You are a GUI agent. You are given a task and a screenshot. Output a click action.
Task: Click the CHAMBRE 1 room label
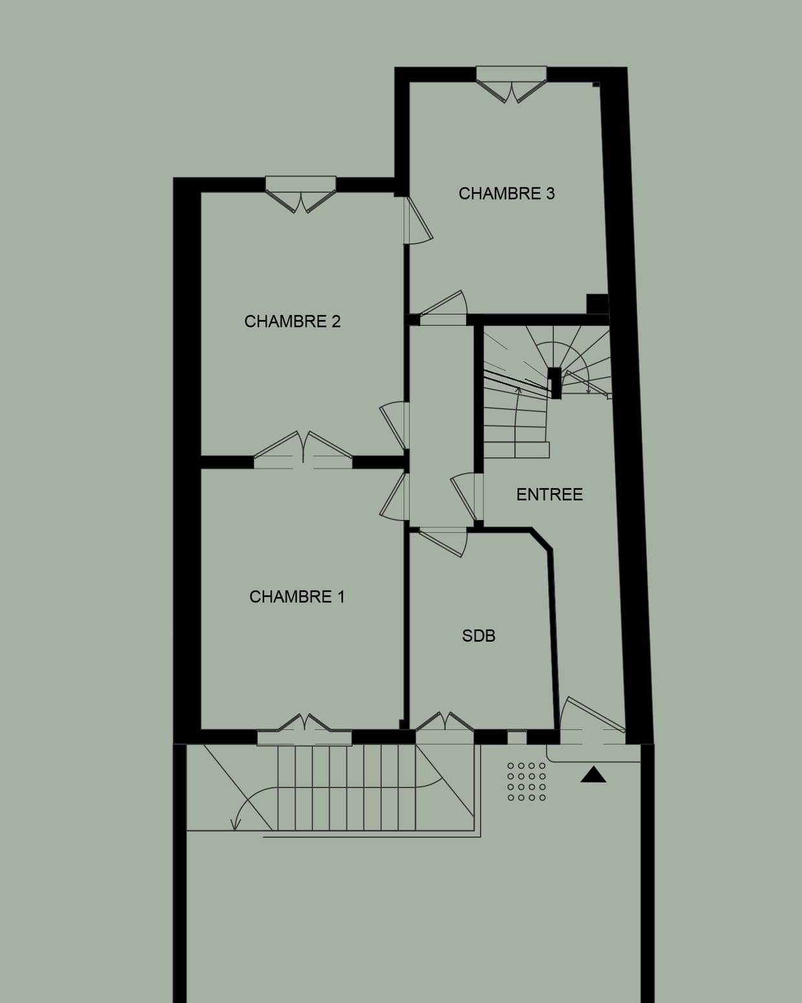pos(297,597)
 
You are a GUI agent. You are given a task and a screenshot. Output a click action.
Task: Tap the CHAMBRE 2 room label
pos(292,321)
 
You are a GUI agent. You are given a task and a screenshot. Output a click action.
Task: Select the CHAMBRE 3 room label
pos(506,193)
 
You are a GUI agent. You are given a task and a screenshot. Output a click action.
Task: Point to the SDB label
pos(479,636)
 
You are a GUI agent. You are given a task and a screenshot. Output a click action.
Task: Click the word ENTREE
pos(550,494)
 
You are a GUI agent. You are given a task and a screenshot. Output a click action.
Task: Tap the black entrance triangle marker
pos(594,775)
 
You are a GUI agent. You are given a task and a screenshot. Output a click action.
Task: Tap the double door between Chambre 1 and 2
pos(303,450)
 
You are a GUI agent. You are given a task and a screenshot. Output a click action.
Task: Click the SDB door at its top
pos(443,542)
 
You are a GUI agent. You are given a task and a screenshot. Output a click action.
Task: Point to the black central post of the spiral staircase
pos(555,383)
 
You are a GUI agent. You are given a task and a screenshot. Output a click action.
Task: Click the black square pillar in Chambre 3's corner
pos(598,304)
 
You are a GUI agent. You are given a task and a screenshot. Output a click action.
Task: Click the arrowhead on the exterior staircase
pos(236,825)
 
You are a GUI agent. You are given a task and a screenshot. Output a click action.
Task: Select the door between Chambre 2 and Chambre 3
pos(418,220)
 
